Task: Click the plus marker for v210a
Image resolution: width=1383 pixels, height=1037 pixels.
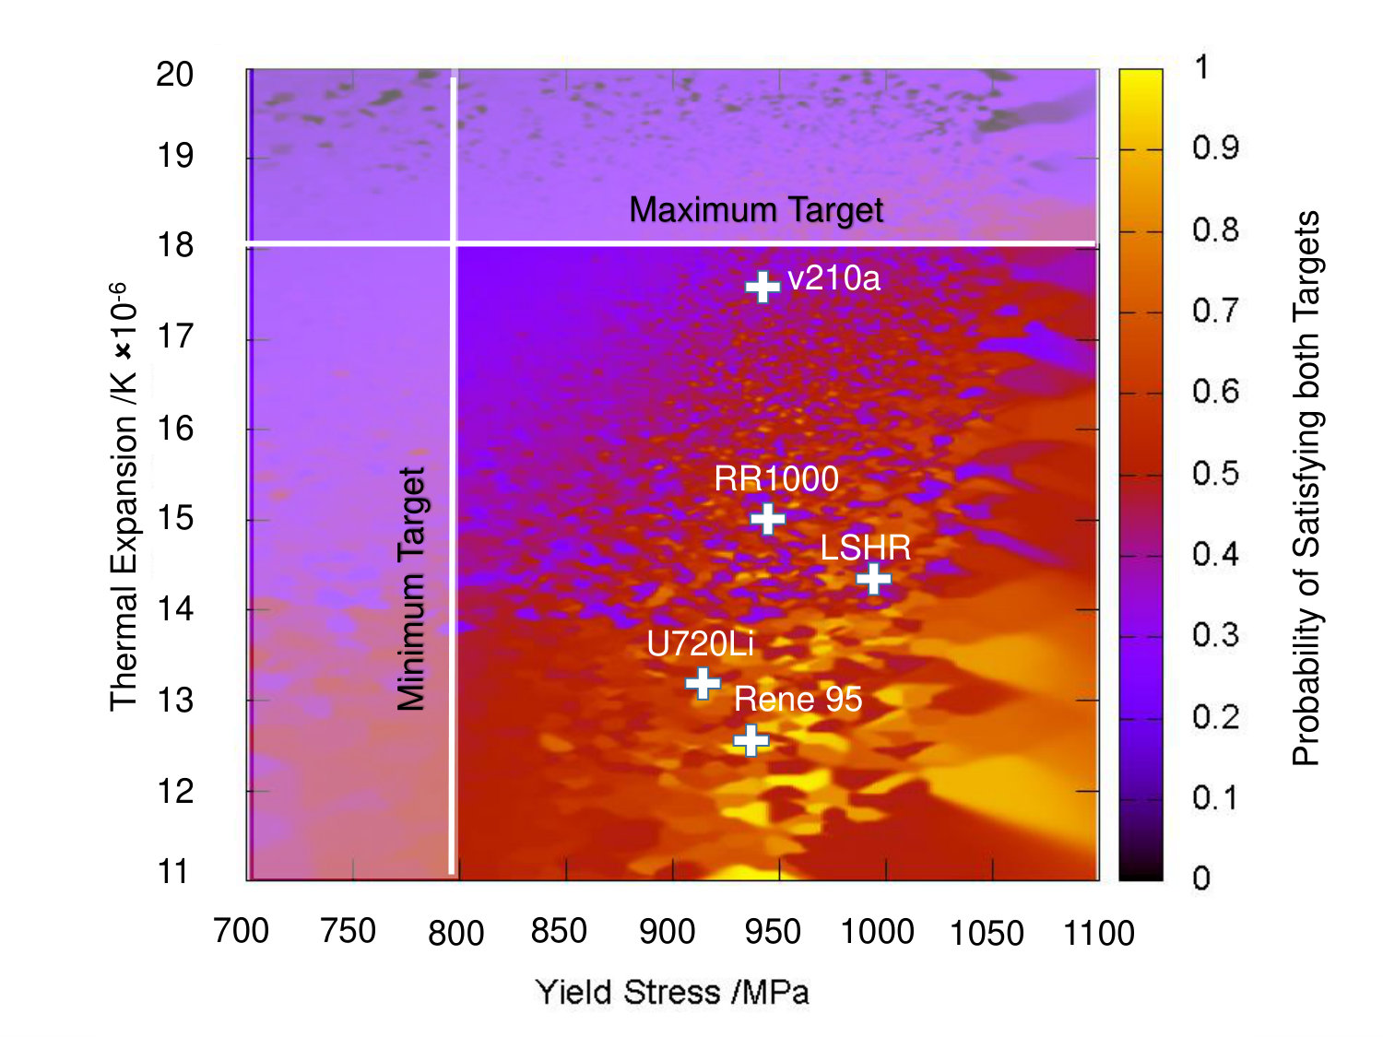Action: (762, 287)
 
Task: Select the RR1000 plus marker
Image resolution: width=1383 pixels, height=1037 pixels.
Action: (767, 519)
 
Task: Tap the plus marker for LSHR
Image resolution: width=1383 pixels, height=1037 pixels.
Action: (873, 579)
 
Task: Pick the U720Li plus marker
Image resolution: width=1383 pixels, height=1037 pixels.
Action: (703, 683)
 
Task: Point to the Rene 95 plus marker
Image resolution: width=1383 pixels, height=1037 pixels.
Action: (751, 740)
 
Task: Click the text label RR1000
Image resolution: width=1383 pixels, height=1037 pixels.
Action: (776, 478)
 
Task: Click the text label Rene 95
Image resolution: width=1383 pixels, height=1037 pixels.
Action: (798, 699)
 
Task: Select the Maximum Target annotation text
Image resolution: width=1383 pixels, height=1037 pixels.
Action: (756, 209)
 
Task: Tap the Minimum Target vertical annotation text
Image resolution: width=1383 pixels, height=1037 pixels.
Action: (411, 589)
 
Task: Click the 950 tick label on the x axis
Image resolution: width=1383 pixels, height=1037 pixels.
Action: (773, 932)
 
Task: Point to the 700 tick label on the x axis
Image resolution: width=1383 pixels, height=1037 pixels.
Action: (241, 931)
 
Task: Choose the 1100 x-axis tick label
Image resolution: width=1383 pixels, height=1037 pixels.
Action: (1098, 933)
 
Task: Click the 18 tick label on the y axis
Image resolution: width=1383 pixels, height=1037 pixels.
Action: (175, 245)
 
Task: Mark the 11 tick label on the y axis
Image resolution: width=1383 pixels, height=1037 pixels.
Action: (172, 872)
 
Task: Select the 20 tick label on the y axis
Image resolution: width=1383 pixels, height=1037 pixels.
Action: (174, 75)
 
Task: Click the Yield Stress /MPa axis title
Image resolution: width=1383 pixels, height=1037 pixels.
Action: (671, 993)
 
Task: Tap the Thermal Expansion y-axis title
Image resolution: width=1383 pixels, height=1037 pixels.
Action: (123, 498)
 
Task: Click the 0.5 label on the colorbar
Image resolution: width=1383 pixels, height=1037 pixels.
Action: (1215, 473)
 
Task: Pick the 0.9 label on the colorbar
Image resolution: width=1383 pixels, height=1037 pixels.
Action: (1215, 147)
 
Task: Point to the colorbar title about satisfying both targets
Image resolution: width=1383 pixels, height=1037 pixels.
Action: (1306, 488)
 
